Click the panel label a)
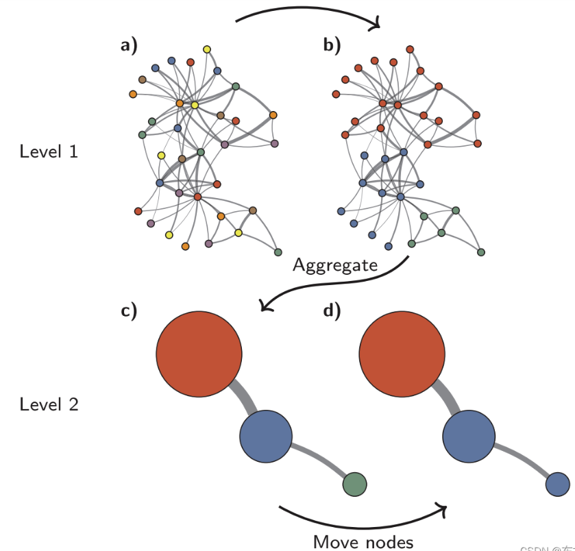tap(128, 46)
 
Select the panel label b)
tap(332, 46)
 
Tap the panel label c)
tap(129, 311)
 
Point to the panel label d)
tap(332, 311)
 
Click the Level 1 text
tap(49, 151)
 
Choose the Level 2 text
tap(49, 404)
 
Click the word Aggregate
tap(334, 265)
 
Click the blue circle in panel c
tap(266, 437)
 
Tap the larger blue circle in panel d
tap(469, 437)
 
